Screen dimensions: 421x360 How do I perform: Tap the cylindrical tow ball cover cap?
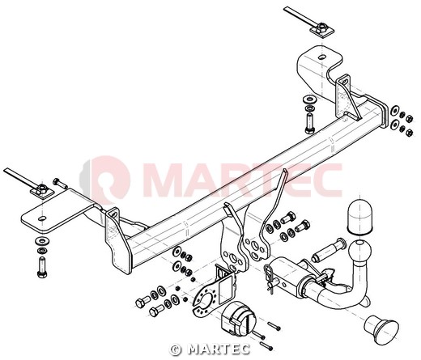click(x=359, y=216)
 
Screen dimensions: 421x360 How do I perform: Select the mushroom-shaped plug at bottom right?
click(x=381, y=329)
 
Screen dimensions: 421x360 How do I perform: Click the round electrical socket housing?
click(x=238, y=319)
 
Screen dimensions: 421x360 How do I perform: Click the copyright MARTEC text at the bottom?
click(x=210, y=349)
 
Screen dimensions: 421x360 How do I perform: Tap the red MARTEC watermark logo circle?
click(x=108, y=180)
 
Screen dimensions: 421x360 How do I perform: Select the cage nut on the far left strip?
click(x=42, y=190)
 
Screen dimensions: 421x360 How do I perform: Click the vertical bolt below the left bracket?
click(x=42, y=267)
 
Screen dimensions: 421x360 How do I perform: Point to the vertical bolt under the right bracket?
click(x=309, y=123)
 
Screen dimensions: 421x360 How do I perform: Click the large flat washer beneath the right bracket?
click(x=309, y=99)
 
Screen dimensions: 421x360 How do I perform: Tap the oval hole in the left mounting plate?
click(x=41, y=218)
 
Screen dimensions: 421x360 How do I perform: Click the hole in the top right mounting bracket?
click(x=321, y=57)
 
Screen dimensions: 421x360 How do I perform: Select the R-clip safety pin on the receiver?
click(x=269, y=277)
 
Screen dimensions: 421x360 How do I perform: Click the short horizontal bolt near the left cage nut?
click(x=60, y=184)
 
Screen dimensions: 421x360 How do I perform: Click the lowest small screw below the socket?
click(x=266, y=346)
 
